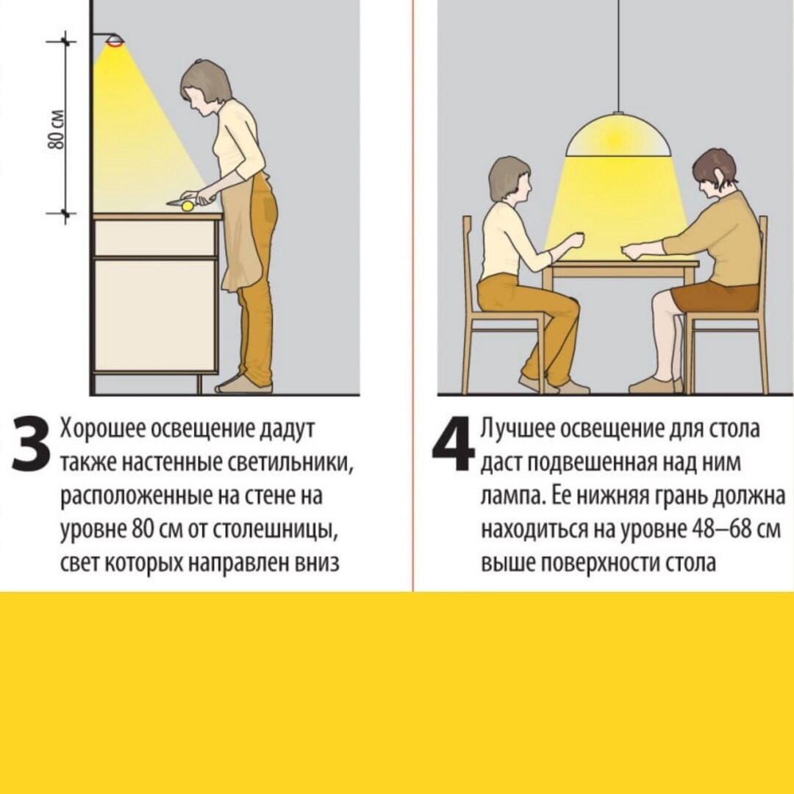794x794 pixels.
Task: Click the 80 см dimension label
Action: coord(57,129)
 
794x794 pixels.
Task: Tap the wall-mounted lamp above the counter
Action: coord(112,40)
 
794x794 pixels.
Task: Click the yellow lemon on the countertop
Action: coord(188,206)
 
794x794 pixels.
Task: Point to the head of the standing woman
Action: coord(206,89)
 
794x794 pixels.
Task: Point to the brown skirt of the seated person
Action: coord(715,297)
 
